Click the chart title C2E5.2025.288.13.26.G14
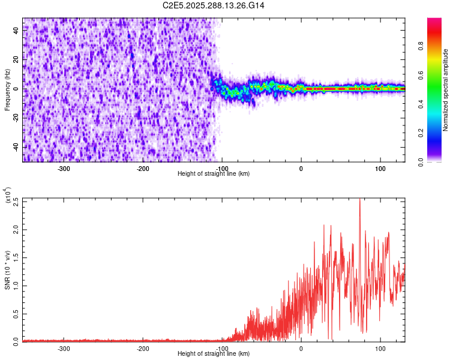tap(214, 5)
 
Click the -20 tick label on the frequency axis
tap(17, 118)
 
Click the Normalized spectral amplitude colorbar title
tap(446, 90)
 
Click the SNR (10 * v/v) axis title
tap(8, 270)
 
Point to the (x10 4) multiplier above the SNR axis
tap(8, 196)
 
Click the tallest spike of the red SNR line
tap(360, 200)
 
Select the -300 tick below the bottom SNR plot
tap(64, 348)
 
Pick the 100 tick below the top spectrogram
tap(380, 169)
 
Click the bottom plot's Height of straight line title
tap(214, 354)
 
